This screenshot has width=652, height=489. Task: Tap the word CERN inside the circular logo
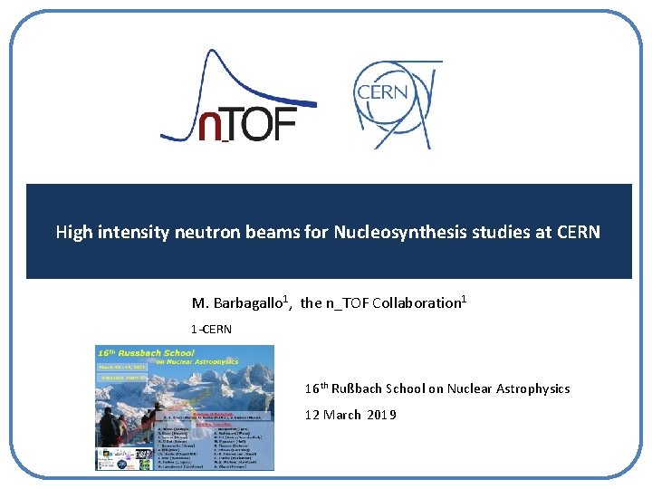click(x=382, y=92)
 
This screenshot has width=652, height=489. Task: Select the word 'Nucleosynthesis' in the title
click(x=395, y=232)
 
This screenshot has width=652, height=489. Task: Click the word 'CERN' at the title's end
click(x=577, y=232)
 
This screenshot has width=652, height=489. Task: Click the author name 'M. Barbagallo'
click(x=238, y=303)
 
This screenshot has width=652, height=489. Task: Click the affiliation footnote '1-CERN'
click(x=211, y=329)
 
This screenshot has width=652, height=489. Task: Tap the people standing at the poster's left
click(x=110, y=426)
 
